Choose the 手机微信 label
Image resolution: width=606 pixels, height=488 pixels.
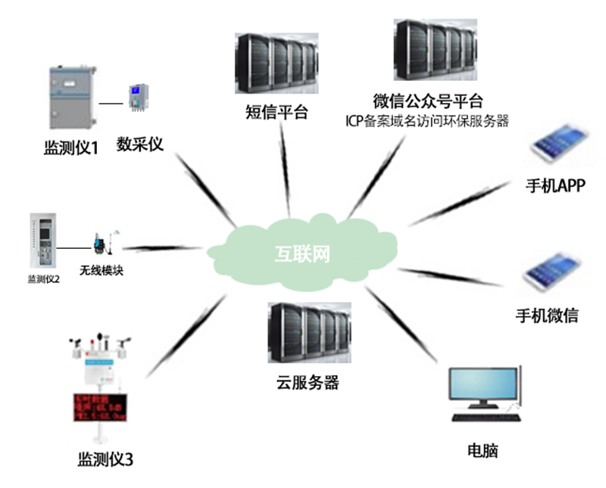546,315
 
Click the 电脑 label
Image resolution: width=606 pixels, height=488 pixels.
483,451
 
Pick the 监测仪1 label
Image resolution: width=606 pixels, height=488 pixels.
71,149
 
